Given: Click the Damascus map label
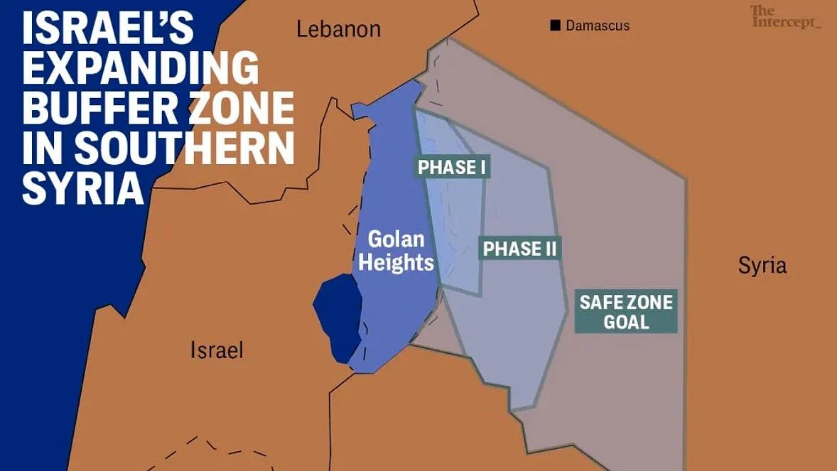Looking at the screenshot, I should tap(598, 26).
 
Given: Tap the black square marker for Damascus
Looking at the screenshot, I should tap(555, 26).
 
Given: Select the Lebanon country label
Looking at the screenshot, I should tap(338, 29).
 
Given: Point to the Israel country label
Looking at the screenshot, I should tap(217, 350).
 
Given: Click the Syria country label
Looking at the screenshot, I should tap(762, 266).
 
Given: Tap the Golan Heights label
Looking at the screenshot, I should tap(396, 251).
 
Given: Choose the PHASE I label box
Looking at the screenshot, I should tap(452, 168).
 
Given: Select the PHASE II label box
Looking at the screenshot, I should tap(520, 249).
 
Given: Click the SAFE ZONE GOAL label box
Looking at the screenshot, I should tap(626, 312).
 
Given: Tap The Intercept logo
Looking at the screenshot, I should tap(784, 17).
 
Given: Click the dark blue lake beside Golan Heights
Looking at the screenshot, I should tap(336, 316).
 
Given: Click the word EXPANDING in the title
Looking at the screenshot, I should tap(141, 70).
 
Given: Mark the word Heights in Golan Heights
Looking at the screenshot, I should tap(396, 262).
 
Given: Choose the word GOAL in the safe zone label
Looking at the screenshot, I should tap(626, 322).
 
